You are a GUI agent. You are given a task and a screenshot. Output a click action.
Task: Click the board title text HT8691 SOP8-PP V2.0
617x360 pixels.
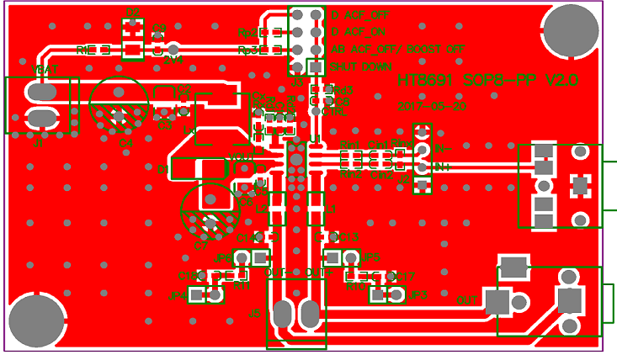(487, 80)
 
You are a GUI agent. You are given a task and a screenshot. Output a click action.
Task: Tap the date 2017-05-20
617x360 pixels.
(432, 107)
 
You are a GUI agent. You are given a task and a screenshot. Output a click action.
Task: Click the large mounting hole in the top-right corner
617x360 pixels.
(571, 30)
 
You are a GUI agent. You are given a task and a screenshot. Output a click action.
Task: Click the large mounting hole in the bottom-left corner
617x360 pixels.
(36, 320)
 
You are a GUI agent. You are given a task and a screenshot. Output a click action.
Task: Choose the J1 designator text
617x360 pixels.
(38, 144)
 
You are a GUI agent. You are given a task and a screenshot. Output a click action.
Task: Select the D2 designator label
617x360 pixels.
(132, 12)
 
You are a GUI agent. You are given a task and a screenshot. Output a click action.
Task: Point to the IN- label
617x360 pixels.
(444, 148)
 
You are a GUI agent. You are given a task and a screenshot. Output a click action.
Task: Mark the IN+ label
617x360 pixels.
(443, 167)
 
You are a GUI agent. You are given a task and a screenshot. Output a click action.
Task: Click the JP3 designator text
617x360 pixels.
(418, 295)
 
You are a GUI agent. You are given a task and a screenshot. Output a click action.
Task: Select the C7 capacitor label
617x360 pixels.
(200, 246)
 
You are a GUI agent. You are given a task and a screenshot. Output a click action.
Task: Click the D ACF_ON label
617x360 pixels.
(359, 32)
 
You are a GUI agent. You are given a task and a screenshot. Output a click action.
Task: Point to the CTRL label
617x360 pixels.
(335, 111)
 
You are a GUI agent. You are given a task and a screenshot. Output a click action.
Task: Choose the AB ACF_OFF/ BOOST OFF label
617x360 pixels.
(397, 50)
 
